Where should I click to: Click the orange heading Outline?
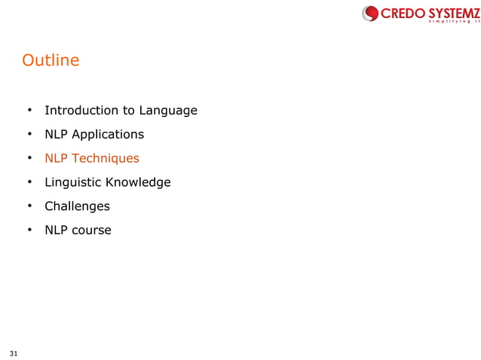click(x=51, y=60)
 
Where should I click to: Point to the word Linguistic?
click(x=73, y=182)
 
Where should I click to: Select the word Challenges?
click(x=77, y=206)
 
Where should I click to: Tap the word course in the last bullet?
click(x=91, y=230)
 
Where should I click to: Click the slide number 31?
click(x=14, y=352)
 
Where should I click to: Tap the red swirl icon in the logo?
click(x=370, y=13)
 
